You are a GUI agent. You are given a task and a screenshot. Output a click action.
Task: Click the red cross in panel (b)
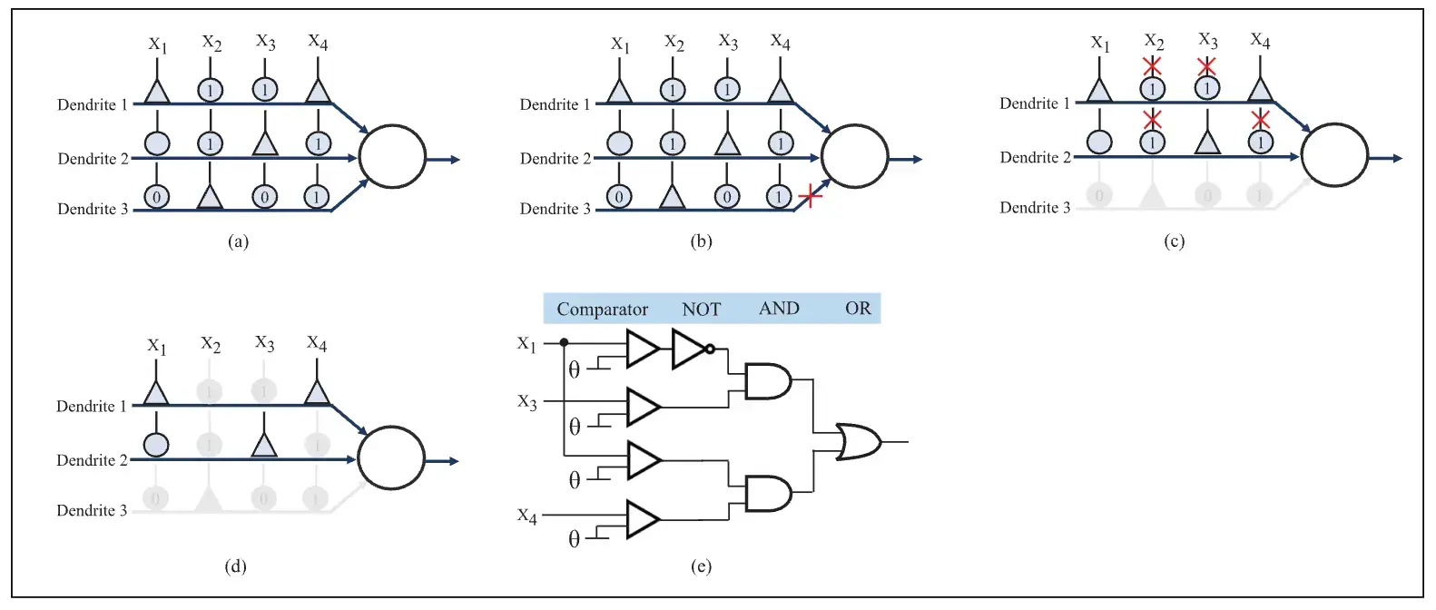coord(810,195)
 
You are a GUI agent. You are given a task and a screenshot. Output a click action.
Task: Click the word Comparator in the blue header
coord(602,310)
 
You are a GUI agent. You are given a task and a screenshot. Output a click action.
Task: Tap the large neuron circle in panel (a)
coord(392,157)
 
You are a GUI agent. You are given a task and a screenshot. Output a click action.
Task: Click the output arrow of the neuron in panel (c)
coord(1386,158)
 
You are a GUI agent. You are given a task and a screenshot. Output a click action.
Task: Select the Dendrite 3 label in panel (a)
coord(92,209)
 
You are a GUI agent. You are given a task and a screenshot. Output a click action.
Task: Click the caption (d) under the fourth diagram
coord(235,566)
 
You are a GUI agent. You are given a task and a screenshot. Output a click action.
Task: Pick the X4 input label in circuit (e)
coord(527,516)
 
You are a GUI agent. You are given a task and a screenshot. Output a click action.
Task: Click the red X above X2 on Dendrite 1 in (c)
coord(1152,66)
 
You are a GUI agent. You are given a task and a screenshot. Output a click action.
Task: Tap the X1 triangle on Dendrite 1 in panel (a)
coord(157,91)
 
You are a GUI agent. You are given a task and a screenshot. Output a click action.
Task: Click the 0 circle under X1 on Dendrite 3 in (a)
coord(156,196)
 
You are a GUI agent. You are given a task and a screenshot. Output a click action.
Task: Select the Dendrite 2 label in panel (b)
coord(555,159)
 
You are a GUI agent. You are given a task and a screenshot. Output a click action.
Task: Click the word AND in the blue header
coord(779,309)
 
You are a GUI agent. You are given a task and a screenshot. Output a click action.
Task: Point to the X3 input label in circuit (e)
coord(527,402)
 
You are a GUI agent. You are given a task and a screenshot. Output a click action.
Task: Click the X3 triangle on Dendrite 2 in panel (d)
coord(263,445)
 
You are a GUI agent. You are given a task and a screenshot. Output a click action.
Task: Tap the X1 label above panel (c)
coord(1100,43)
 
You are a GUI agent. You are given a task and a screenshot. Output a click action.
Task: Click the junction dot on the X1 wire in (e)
coord(564,342)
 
